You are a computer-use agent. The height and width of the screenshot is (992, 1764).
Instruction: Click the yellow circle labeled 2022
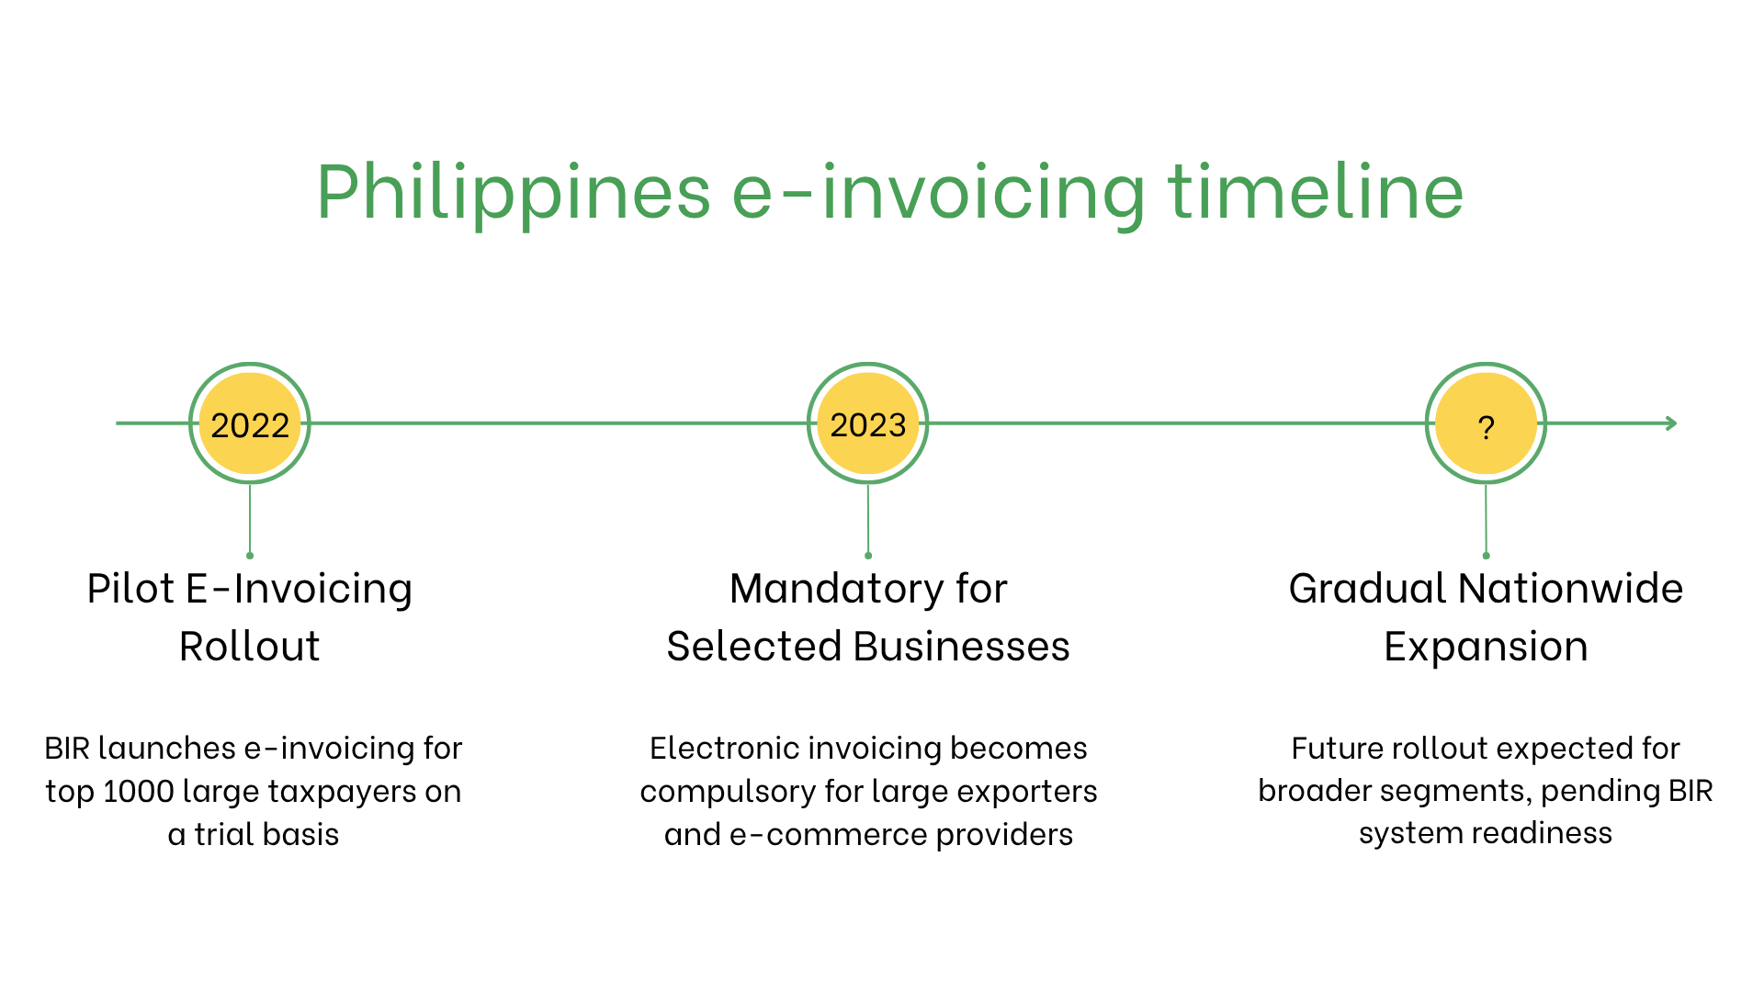(x=250, y=423)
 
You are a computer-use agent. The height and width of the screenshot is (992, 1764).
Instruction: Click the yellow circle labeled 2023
(x=868, y=423)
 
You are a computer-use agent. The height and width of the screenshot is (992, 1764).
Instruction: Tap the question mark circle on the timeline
(x=1486, y=423)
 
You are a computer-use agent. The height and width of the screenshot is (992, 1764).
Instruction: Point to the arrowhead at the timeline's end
(x=1672, y=423)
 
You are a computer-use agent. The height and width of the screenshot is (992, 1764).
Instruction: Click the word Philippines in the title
(x=514, y=193)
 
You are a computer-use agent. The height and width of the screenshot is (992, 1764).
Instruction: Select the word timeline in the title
(x=1316, y=193)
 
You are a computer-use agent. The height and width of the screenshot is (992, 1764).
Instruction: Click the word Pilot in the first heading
(x=130, y=589)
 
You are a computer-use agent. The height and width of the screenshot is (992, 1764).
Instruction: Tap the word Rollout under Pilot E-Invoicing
(x=250, y=647)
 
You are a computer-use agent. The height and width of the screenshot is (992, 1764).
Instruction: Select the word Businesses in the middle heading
(x=962, y=647)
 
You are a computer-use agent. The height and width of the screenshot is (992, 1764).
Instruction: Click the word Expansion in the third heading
(x=1486, y=647)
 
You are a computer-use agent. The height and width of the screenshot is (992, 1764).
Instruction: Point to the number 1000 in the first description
(x=138, y=791)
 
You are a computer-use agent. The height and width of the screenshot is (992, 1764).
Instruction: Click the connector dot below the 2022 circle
(x=250, y=556)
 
